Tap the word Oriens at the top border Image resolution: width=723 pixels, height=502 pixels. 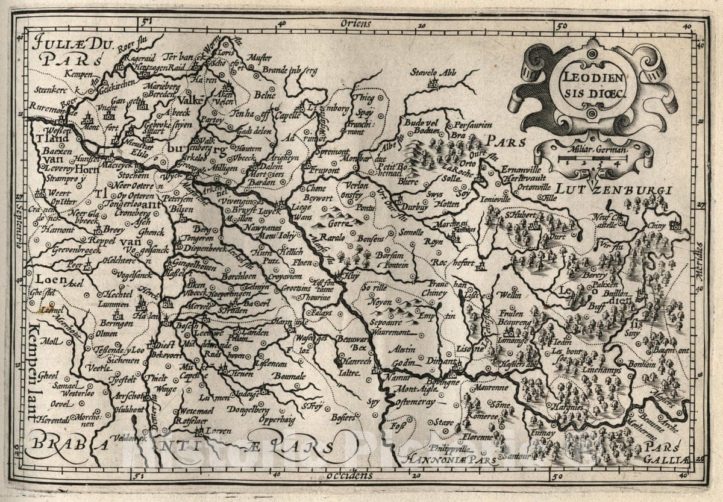coord(355,24)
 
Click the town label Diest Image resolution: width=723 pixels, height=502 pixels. coord(164,345)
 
